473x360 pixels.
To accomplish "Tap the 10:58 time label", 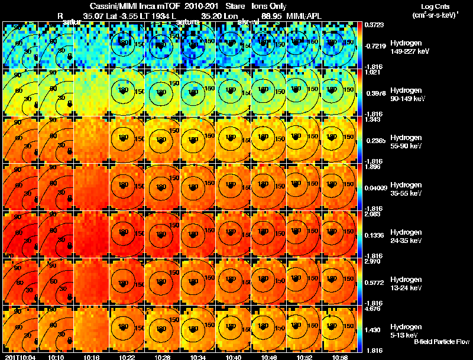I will (x=339, y=356).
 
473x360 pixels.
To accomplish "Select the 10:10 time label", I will (x=56, y=356).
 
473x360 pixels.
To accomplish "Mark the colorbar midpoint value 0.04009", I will (x=377, y=189).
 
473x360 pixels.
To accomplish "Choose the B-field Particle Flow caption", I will (x=441, y=342).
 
